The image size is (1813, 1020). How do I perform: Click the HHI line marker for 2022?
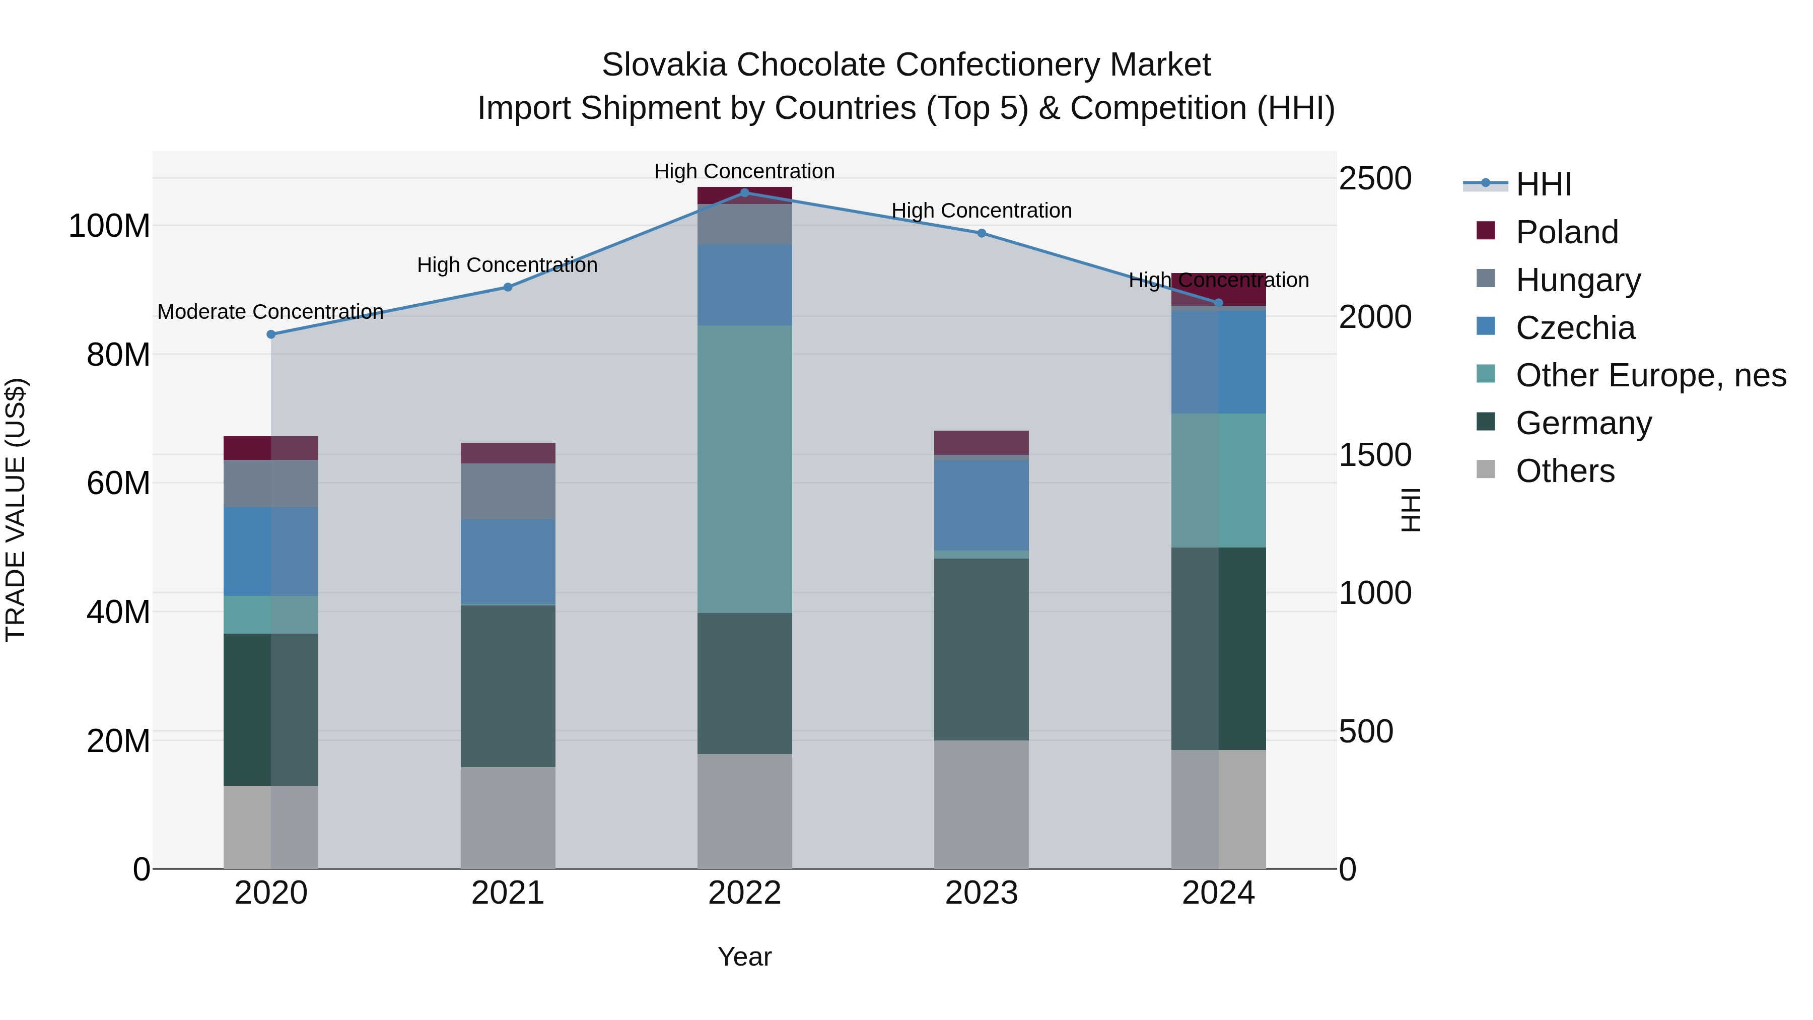(745, 192)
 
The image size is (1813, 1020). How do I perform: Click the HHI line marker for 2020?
(271, 334)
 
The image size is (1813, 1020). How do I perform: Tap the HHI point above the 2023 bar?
(982, 233)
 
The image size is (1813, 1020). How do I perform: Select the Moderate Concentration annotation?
(270, 312)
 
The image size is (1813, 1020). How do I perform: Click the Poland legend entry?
(1567, 232)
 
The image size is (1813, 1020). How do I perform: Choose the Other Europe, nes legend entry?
(1650, 375)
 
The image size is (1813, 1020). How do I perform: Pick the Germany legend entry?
(1583, 423)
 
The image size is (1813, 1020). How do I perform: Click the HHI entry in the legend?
(1544, 184)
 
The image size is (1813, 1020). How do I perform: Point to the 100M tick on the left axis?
(109, 227)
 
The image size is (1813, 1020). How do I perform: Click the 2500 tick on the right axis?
(1374, 178)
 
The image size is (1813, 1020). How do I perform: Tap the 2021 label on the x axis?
(508, 893)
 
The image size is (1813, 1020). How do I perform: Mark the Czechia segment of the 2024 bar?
(1218, 361)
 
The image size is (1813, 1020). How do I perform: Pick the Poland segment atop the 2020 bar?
(270, 448)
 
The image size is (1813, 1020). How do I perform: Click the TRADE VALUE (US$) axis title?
(16, 510)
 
